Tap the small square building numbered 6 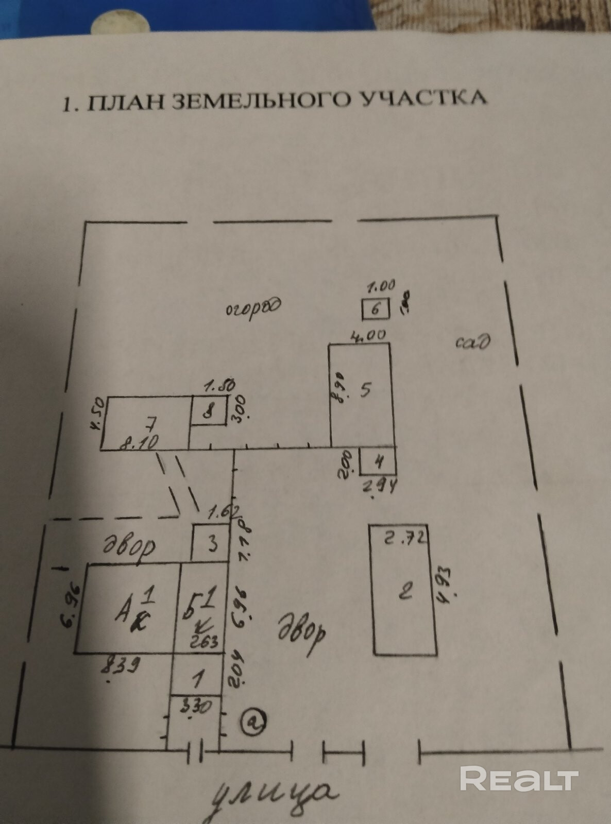[375, 310]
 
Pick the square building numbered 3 [211, 543]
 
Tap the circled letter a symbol [253, 722]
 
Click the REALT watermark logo [519, 779]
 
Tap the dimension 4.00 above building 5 [368, 336]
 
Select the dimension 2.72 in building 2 [406, 539]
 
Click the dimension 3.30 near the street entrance [196, 707]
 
